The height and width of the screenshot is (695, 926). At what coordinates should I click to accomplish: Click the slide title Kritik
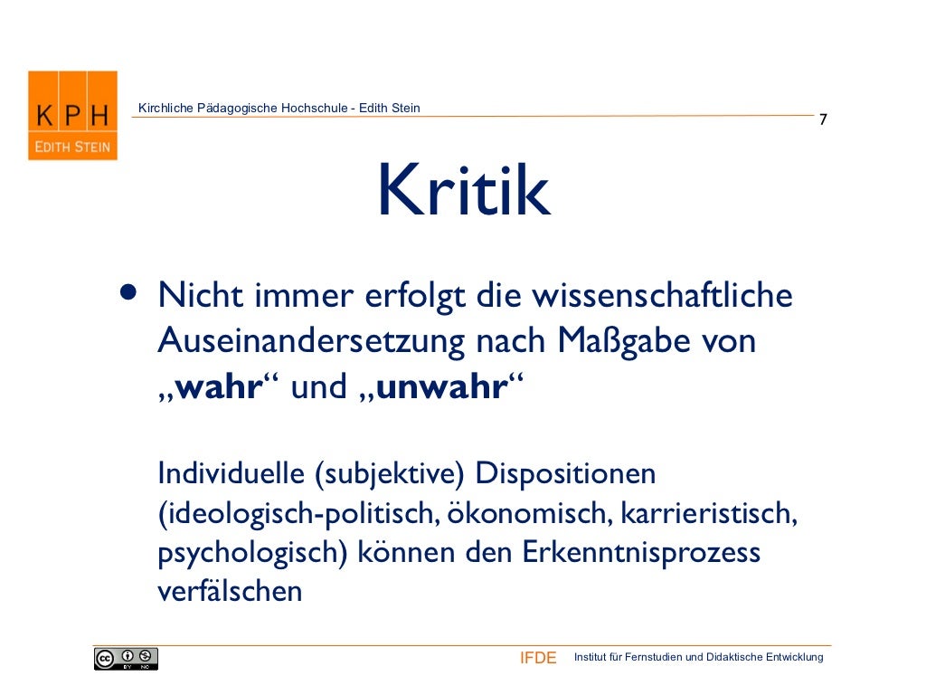pyautogui.click(x=463, y=191)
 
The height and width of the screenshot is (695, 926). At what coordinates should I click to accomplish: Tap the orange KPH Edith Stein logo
pyautogui.click(x=72, y=116)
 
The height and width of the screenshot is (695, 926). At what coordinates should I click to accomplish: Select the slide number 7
pyautogui.click(x=823, y=120)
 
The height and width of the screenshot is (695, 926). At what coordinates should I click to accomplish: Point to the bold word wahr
pyautogui.click(x=217, y=387)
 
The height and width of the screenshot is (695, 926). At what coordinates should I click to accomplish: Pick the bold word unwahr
pyautogui.click(x=440, y=387)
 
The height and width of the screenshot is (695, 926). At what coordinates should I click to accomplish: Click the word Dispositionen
pyautogui.click(x=565, y=473)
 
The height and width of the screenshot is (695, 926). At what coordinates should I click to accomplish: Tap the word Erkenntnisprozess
pyautogui.click(x=642, y=553)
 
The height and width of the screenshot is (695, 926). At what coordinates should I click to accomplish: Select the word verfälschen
pyautogui.click(x=229, y=592)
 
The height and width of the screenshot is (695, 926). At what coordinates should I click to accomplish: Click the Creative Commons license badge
pyautogui.click(x=126, y=659)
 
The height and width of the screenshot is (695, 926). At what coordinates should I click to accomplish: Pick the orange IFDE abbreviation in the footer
pyautogui.click(x=538, y=658)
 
